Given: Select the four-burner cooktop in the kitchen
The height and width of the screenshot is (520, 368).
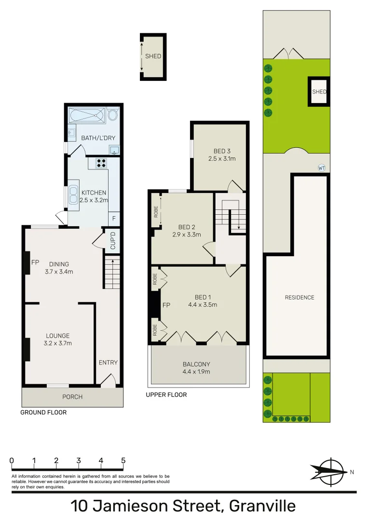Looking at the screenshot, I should coord(101,163).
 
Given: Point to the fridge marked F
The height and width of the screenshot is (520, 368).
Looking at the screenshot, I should coord(114,218).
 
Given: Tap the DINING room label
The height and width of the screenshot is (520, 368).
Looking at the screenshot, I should coord(59,264).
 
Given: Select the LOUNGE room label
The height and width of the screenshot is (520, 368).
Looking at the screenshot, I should coord(58,336).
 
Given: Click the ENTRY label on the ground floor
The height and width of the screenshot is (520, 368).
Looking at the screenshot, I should coord(108,363).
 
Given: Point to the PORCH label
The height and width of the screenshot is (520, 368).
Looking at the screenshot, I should coord(72,397).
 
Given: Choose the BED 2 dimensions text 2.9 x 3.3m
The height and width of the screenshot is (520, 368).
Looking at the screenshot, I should coord(186,235).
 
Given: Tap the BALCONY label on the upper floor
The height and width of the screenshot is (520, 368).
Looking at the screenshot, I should coord(196,364).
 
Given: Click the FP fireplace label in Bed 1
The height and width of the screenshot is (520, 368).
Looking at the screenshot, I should coord(166,305).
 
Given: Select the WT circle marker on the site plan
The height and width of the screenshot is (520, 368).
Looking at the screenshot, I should coord(322,168).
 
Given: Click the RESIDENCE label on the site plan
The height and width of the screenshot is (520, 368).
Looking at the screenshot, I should coord(300,297).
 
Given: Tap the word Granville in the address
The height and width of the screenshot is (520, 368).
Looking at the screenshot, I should coord(262,507).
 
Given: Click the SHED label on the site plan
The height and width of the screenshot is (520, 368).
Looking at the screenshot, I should coord(319,91).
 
